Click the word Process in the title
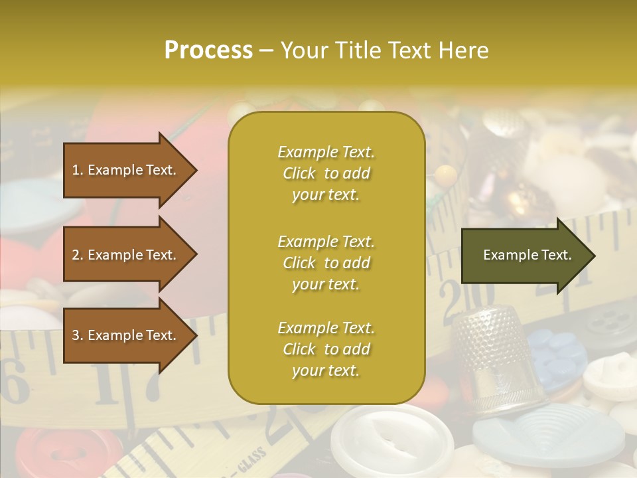click(x=208, y=50)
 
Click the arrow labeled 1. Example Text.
click(x=126, y=170)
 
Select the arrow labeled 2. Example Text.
click(x=126, y=255)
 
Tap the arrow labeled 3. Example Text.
click(x=126, y=335)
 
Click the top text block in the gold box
click(x=326, y=173)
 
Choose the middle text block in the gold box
click(x=326, y=263)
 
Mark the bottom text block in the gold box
click(x=326, y=349)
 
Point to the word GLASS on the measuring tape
click(x=250, y=461)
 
